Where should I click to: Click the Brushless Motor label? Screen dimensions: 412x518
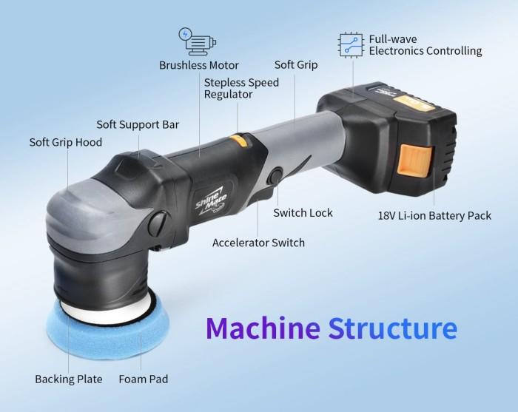click(x=198, y=65)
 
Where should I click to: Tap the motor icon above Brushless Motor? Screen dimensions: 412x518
click(x=194, y=41)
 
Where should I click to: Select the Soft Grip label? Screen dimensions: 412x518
click(x=296, y=64)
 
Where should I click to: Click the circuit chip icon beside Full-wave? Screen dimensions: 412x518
click(x=351, y=44)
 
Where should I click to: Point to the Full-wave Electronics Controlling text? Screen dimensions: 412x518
click(x=425, y=44)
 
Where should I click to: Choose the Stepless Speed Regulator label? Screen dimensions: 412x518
click(x=241, y=88)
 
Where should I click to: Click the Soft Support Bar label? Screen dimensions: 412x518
click(x=138, y=124)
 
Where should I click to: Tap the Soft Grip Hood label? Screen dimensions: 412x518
click(x=66, y=141)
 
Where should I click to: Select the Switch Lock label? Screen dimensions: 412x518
click(x=303, y=213)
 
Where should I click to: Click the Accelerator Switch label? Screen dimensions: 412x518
click(x=258, y=243)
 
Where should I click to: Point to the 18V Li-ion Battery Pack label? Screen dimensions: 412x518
click(x=434, y=216)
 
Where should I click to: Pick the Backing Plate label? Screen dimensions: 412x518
click(x=69, y=379)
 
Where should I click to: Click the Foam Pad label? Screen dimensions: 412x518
click(x=144, y=379)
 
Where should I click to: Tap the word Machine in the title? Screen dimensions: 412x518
click(x=262, y=328)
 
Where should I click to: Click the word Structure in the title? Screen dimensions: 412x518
click(x=392, y=328)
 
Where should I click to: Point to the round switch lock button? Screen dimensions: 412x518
click(x=275, y=178)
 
